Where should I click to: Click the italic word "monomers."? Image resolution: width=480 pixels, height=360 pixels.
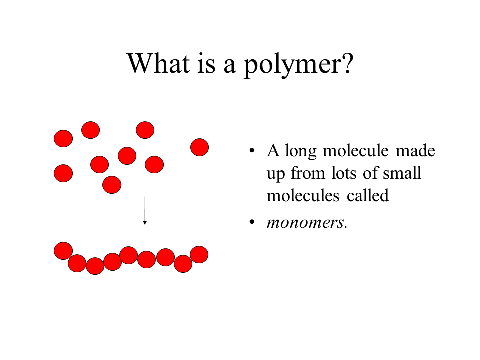coord(306,222)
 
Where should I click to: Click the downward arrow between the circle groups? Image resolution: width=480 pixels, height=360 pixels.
coord(145,207)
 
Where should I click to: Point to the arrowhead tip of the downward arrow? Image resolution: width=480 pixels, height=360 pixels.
coord(145,224)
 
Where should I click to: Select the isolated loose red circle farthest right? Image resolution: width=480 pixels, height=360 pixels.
coord(199,147)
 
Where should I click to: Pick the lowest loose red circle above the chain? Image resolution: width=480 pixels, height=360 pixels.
coord(112,185)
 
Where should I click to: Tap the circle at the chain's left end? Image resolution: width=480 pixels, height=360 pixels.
coord(63,251)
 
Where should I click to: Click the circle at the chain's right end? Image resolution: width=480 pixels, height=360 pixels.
coord(199,254)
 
